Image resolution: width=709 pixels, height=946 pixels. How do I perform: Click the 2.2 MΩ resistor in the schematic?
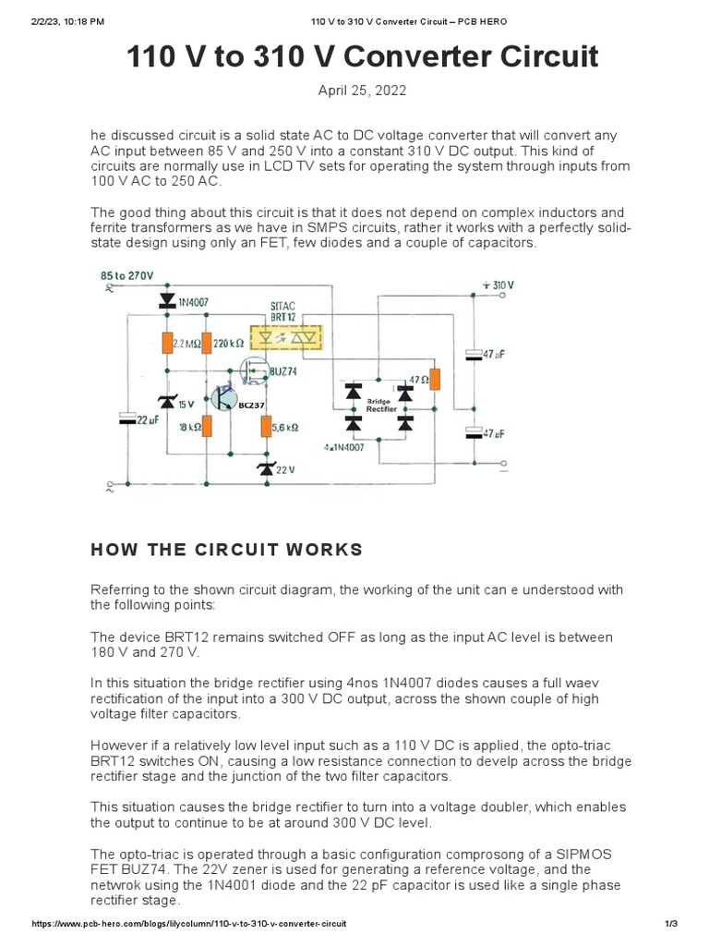tap(168, 343)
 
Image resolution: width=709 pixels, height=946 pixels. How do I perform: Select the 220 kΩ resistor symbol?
tap(207, 343)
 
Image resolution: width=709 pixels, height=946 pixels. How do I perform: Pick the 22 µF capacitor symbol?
tap(128, 418)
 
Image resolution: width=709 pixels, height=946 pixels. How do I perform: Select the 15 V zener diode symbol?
tap(167, 402)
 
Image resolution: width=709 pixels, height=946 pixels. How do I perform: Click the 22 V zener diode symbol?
tap(266, 469)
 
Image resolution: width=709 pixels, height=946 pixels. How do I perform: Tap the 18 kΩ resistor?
tap(207, 426)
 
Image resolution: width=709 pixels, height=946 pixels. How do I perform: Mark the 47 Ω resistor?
tap(436, 379)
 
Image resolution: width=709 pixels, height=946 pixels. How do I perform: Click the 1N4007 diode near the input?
tap(167, 299)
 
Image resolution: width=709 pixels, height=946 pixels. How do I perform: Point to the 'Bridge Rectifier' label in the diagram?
tap(380, 405)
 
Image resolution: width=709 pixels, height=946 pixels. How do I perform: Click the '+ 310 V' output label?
tap(498, 285)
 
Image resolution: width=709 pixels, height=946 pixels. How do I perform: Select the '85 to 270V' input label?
tap(129, 274)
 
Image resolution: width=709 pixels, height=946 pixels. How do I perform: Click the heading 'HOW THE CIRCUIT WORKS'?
tap(226, 550)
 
